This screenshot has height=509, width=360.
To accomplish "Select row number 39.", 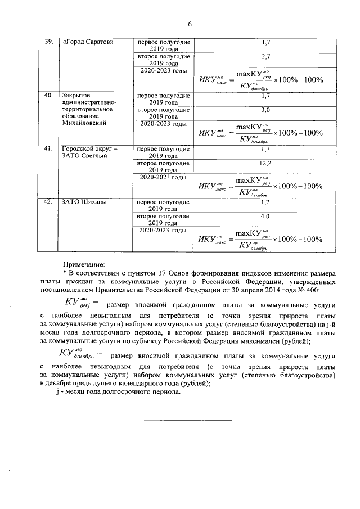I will click(49, 42).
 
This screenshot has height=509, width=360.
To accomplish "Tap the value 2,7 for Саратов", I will click(266, 57).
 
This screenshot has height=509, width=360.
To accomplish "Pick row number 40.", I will click(49, 96).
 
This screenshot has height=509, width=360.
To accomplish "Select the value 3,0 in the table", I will click(266, 110).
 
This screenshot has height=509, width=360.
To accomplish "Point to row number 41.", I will click(49, 149).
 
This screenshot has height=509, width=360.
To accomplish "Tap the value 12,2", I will click(266, 163).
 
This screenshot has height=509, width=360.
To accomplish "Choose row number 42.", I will click(49, 202).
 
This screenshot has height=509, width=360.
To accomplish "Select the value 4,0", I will click(266, 216).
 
